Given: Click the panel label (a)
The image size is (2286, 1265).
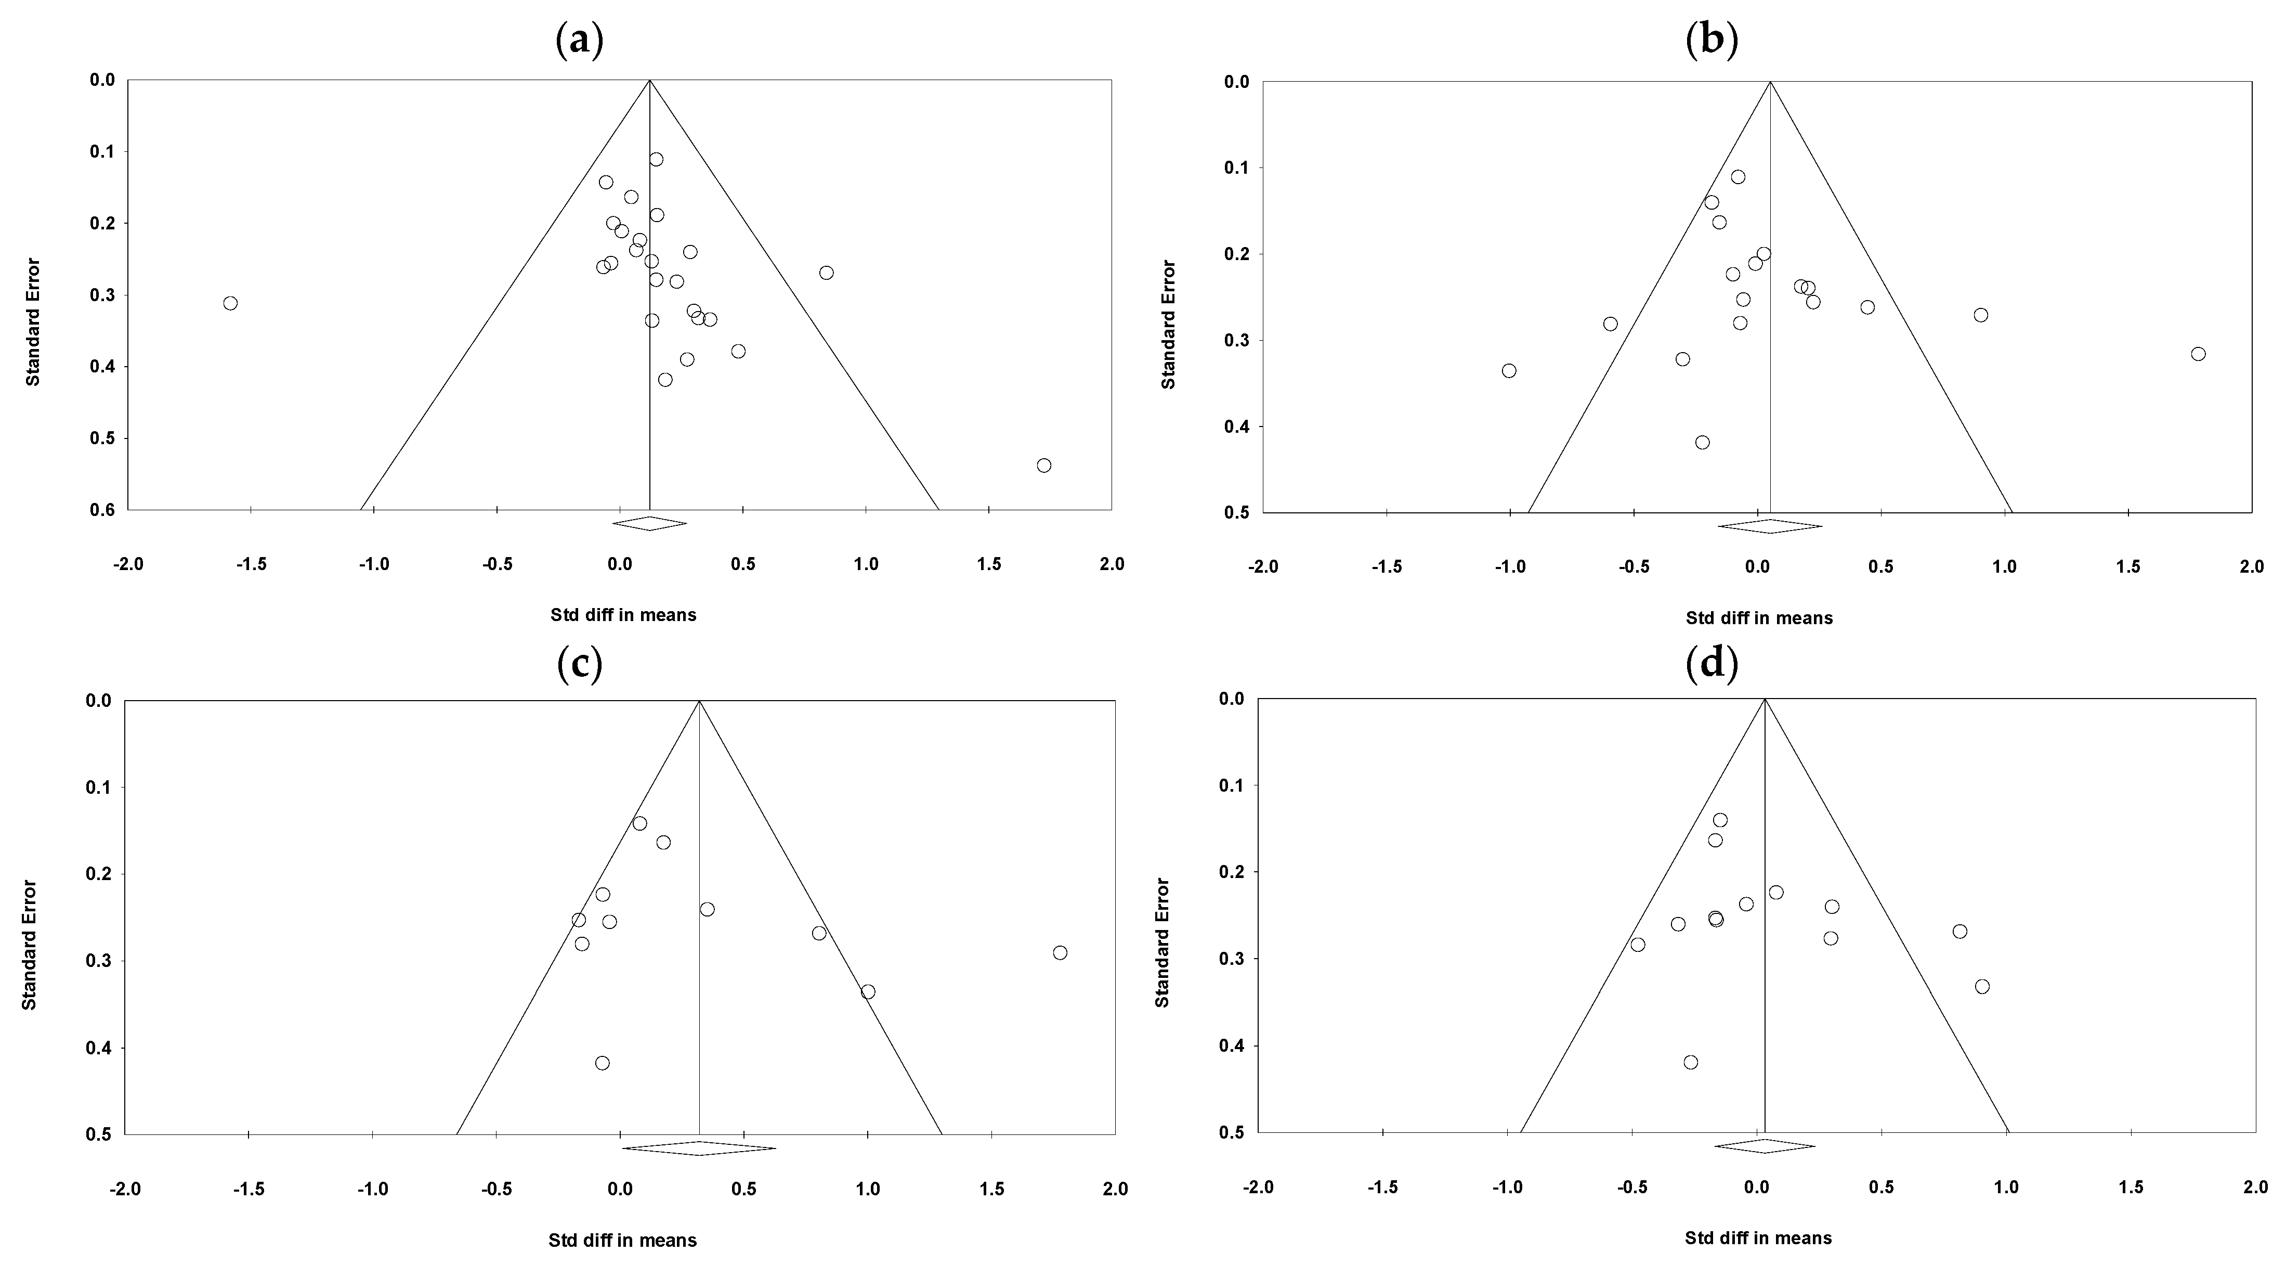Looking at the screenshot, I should (580, 41).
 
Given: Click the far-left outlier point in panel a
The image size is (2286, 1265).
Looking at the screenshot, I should (230, 303).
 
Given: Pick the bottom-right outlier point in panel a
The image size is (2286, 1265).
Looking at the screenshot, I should (1043, 465).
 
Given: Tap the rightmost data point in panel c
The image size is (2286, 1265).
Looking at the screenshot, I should (1060, 952).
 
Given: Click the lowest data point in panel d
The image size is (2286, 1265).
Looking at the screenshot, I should (1691, 1062).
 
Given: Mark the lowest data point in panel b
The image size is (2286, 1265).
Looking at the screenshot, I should (1702, 442).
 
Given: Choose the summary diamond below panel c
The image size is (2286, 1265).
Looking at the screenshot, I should (699, 1148).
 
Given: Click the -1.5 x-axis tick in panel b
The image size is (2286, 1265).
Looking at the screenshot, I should (1386, 566).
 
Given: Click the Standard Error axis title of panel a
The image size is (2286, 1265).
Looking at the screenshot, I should (33, 321).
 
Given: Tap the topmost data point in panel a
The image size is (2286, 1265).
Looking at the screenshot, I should (656, 159).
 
